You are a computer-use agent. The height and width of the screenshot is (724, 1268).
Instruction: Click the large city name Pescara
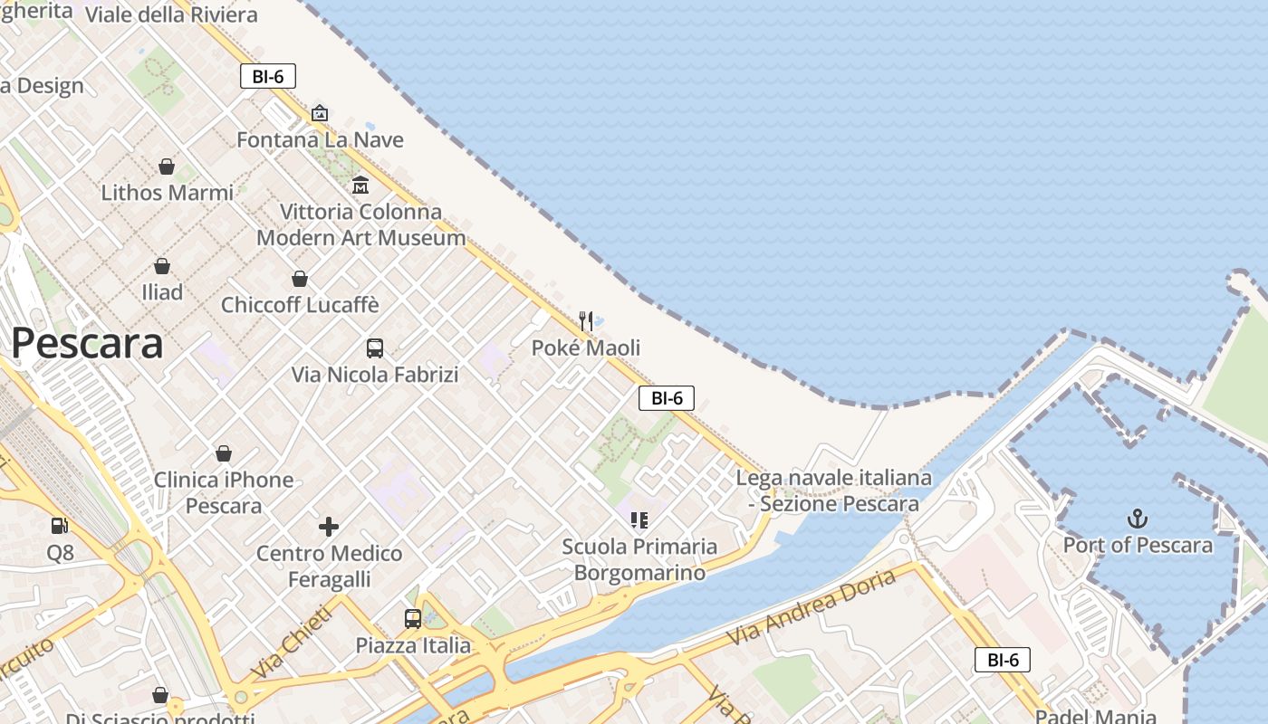pos(87,344)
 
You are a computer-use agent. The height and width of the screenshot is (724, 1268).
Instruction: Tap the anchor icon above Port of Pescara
pos(1137,519)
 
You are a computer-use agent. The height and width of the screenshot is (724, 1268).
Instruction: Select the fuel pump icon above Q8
pos(60,525)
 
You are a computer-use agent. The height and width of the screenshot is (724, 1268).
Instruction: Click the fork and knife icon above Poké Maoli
pos(586,320)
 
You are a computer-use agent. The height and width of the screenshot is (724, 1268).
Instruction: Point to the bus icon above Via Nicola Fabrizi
pos(374,348)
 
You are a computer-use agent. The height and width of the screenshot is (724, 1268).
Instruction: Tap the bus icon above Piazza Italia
pos(413,619)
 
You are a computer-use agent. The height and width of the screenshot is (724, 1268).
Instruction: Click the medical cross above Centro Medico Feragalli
pos(329,526)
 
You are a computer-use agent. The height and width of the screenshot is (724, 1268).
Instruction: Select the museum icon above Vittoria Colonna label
pos(360,185)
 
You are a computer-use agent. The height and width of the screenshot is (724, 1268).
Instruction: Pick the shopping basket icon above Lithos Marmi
pos(167,167)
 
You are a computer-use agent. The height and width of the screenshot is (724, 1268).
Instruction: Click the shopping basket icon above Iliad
pos(162,266)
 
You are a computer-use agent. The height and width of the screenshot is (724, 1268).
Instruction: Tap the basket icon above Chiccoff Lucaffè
pos(300,279)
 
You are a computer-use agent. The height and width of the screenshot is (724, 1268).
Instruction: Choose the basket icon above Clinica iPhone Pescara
pos(224,453)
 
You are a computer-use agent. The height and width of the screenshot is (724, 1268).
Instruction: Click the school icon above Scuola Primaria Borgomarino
pos(639,519)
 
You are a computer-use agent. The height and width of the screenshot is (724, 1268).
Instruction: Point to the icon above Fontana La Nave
pos(319,113)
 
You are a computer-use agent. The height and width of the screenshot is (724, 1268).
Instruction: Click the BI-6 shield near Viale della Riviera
pos(268,77)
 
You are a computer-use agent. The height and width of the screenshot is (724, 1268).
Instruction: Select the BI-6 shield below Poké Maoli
pos(667,397)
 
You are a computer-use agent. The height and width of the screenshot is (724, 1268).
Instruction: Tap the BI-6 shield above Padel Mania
pos(1003,660)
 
